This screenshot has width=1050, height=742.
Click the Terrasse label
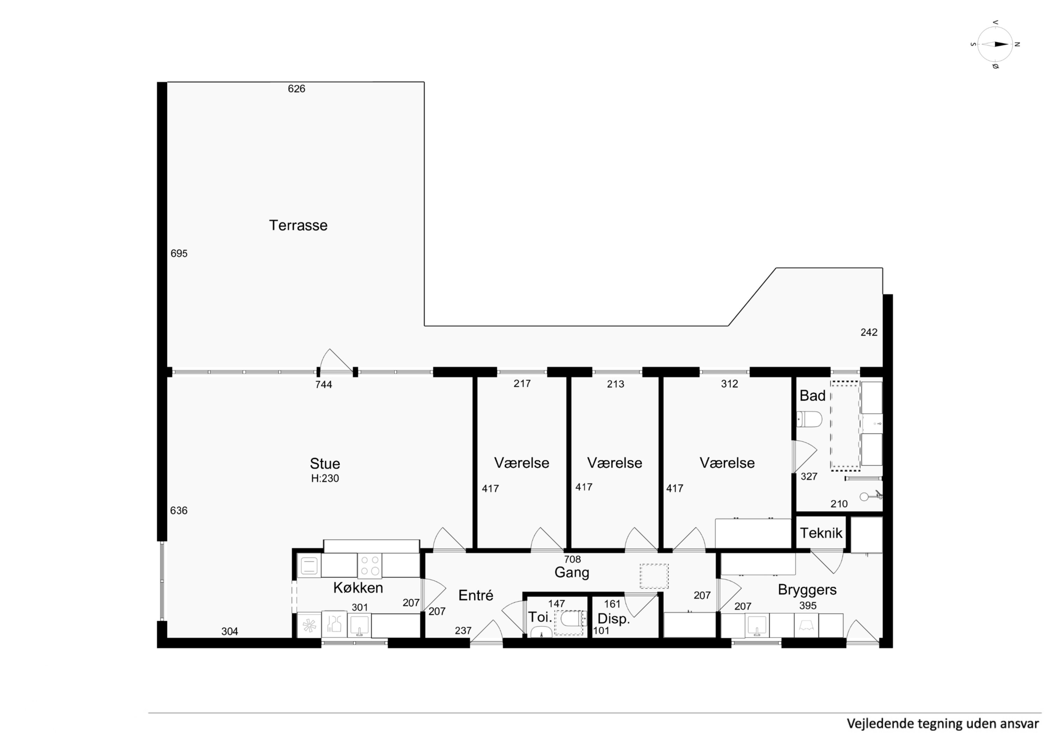[298, 225]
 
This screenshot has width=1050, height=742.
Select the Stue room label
[325, 464]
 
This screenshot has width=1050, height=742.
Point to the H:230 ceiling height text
[325, 479]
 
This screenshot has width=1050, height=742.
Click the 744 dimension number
[323, 384]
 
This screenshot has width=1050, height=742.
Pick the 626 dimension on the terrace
[296, 89]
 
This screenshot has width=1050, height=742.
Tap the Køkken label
[358, 588]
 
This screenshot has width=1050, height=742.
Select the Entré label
[476, 595]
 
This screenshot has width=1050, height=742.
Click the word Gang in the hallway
[572, 573]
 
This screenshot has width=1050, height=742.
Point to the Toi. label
[540, 617]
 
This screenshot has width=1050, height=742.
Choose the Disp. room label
[614, 619]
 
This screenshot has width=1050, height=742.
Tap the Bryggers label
[807, 590]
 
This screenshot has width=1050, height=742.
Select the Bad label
[812, 396]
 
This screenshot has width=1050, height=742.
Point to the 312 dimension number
[729, 384]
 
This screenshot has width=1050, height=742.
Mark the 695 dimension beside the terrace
[179, 254]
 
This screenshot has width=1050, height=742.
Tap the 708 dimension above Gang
[572, 559]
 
